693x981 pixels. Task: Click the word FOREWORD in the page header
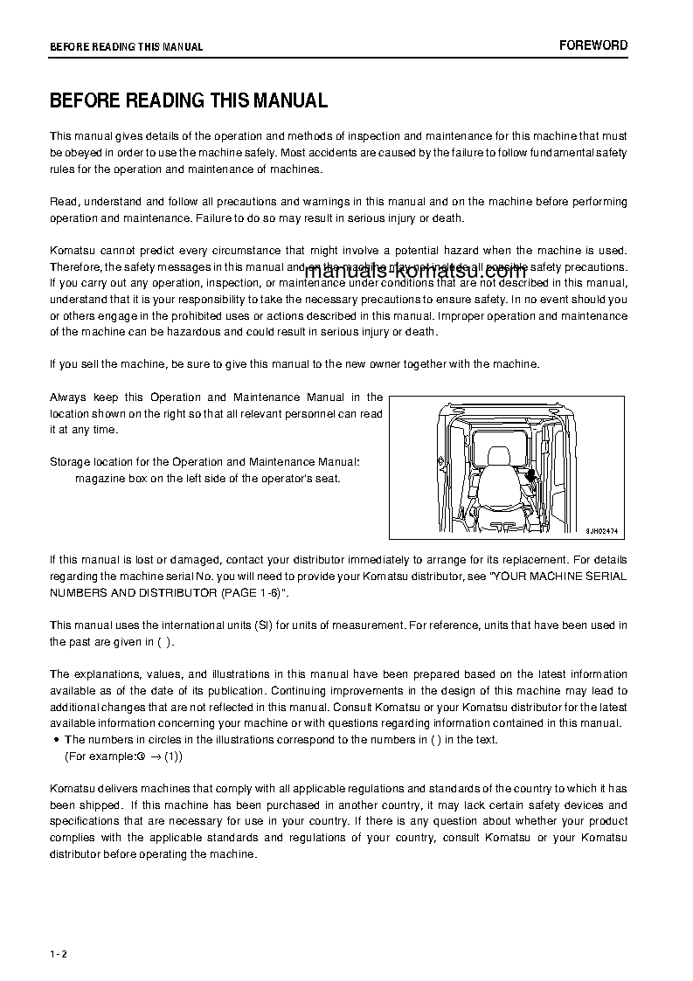[x=593, y=45]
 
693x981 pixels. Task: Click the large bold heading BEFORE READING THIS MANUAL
[x=189, y=100]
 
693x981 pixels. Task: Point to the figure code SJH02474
[x=601, y=529]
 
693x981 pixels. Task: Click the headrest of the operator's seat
[x=500, y=456]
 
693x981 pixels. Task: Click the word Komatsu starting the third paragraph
[x=73, y=251]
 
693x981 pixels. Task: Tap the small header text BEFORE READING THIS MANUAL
[x=126, y=47]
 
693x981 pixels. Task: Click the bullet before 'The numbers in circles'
[x=57, y=740]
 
